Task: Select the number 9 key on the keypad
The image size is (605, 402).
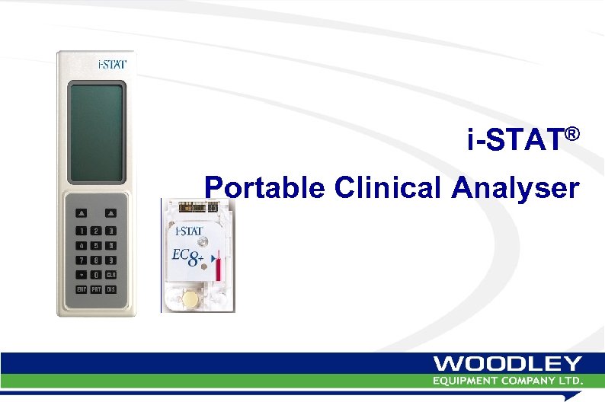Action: point(110,260)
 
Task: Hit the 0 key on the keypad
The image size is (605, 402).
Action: point(96,274)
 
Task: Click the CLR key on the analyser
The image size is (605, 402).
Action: point(110,274)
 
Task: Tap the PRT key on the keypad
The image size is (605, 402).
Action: point(96,289)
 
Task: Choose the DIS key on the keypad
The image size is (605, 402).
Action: point(110,289)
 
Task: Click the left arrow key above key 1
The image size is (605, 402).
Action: point(82,213)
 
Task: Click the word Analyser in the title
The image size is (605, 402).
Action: point(515,187)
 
